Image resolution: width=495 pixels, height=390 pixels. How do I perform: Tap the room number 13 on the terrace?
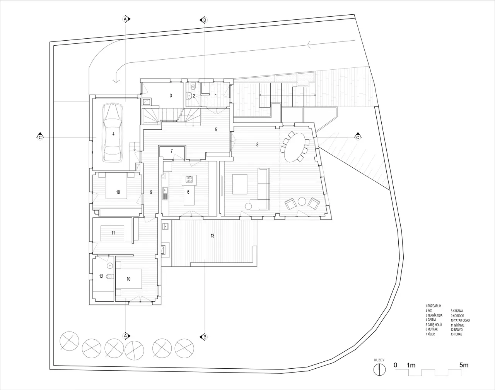(212, 235)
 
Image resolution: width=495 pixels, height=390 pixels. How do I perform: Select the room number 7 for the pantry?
(172, 151)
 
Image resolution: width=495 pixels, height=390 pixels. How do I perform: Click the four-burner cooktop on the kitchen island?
(189, 179)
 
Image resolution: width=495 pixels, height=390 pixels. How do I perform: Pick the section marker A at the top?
(125, 19)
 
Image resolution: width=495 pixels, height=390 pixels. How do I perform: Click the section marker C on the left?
(40, 137)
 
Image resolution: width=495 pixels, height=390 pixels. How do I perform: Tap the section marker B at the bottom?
(204, 337)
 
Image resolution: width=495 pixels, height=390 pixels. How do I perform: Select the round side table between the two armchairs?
(302, 201)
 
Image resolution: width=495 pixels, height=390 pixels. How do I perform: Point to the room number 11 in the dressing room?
(113, 233)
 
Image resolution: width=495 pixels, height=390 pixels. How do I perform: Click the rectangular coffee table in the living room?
(240, 184)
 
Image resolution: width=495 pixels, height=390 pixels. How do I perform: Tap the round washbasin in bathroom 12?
(111, 266)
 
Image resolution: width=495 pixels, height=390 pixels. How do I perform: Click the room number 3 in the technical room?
(171, 95)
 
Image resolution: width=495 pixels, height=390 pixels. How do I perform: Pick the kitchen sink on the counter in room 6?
(165, 190)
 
